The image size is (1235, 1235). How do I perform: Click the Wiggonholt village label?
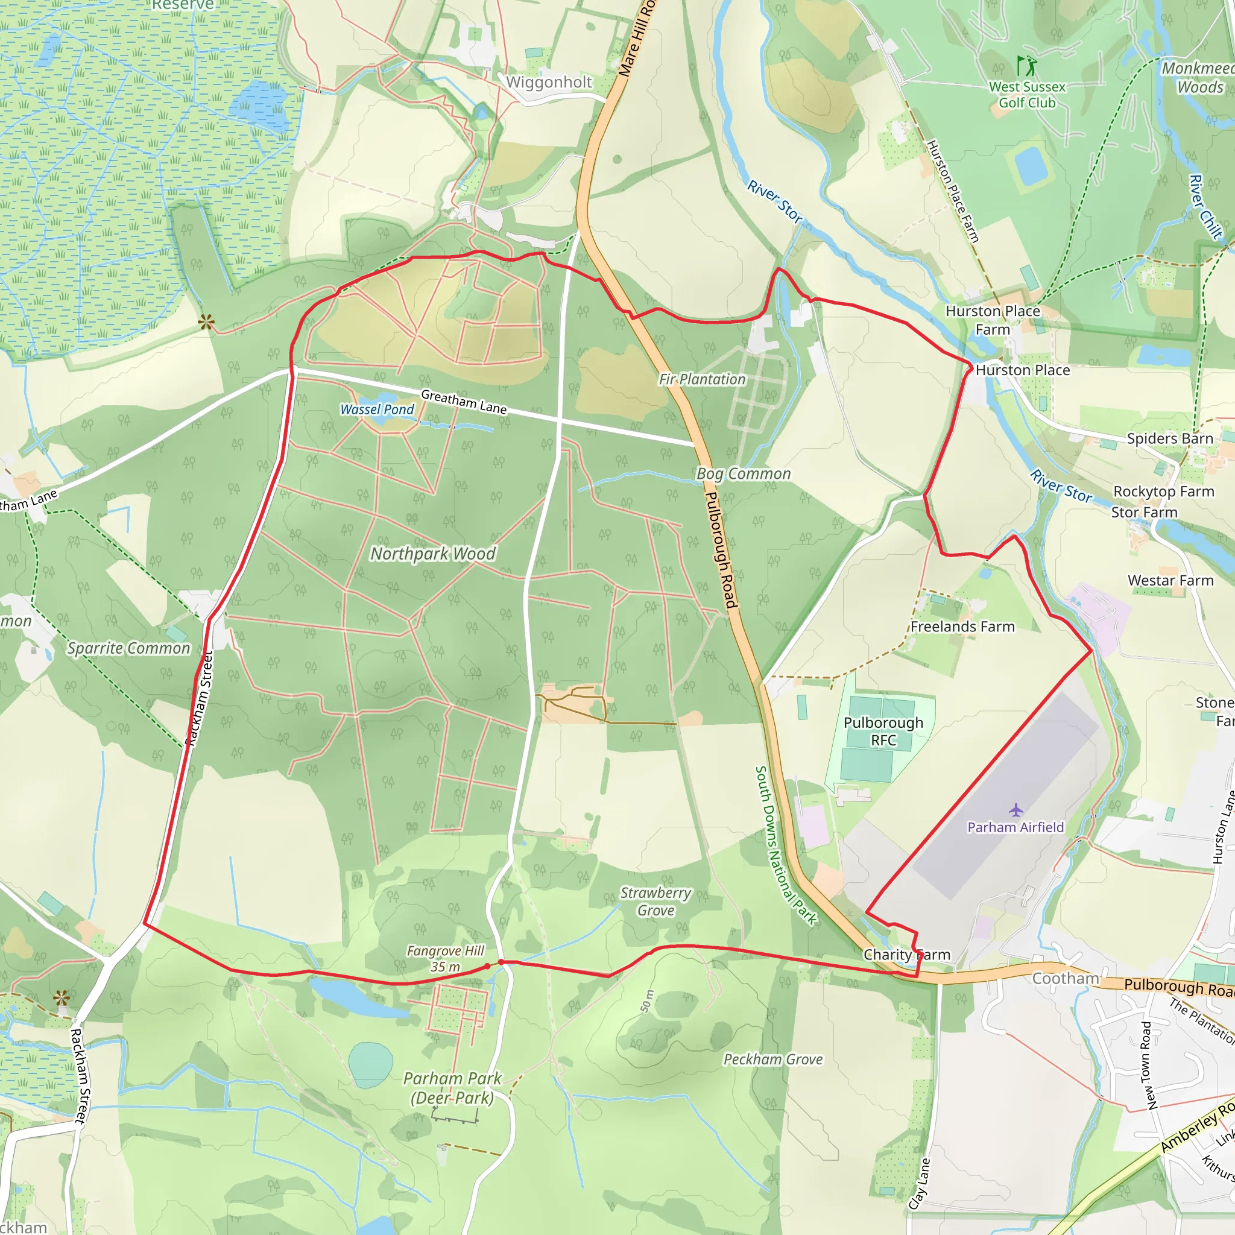click(549, 83)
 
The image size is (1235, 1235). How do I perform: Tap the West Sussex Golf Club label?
click(1027, 95)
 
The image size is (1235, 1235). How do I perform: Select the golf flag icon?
click(1026, 65)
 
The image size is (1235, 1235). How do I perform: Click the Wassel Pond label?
click(377, 409)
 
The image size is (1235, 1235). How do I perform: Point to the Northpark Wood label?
click(433, 554)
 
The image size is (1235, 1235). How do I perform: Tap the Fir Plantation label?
click(702, 380)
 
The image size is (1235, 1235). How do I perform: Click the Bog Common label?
click(743, 473)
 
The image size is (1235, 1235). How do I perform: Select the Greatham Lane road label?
click(464, 402)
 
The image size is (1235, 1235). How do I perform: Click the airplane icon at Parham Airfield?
click(1015, 810)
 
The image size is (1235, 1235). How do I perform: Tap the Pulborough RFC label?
click(883, 731)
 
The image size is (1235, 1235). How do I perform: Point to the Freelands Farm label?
click(962, 627)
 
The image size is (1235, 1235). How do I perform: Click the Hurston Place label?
click(1022, 370)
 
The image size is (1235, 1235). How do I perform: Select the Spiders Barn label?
click(1170, 438)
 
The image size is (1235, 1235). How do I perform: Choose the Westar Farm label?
click(1170, 581)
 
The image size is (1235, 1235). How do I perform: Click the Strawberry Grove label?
click(656, 902)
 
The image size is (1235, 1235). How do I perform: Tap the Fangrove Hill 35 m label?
click(446, 959)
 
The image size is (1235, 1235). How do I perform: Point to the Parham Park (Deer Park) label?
click(452, 1088)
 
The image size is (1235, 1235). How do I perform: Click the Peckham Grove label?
click(773, 1059)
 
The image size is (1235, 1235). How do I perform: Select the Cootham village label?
click(1066, 979)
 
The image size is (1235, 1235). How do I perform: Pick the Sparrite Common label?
click(129, 648)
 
